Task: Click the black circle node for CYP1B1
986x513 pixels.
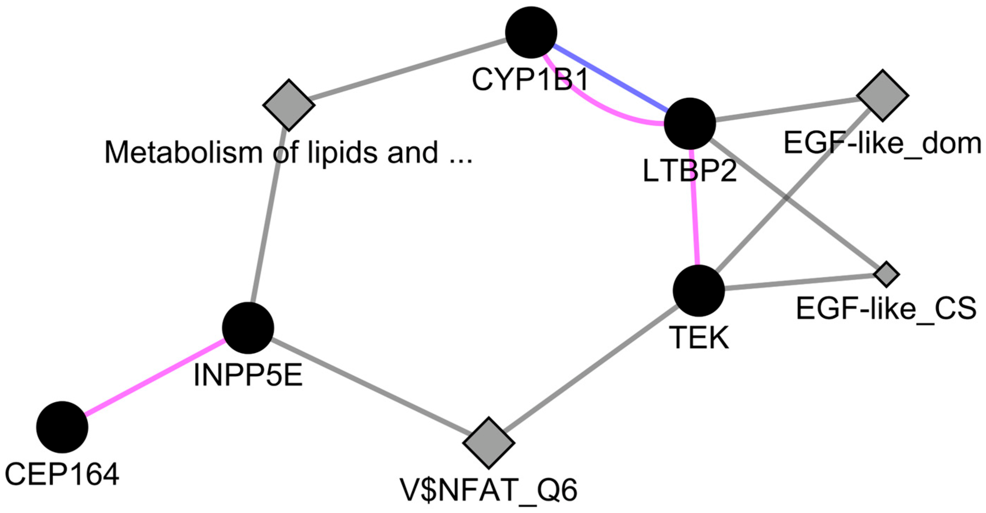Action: coord(531,33)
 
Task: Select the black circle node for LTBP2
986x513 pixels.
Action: coord(690,123)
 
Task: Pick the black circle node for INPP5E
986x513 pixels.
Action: coord(248,328)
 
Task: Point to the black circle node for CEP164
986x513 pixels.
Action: coord(62,427)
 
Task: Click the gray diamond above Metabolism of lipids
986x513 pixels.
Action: coord(289,105)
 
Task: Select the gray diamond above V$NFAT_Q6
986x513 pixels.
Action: coord(489,443)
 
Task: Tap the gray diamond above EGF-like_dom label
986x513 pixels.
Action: coord(883,96)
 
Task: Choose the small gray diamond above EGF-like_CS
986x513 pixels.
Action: coord(886,274)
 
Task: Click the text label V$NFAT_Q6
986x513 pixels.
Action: coord(489,491)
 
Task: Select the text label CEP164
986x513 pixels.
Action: coord(62,475)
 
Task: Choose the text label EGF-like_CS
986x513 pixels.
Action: coord(886,308)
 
